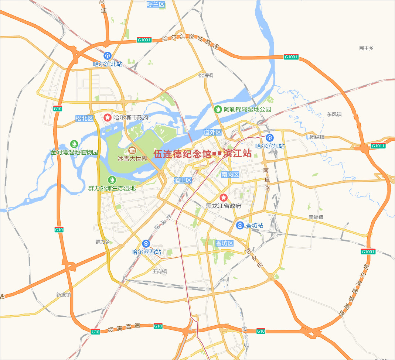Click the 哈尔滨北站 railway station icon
tap(108, 56)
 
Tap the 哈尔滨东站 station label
tap(270, 146)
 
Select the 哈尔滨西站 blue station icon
tap(146, 244)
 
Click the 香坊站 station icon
tap(240, 225)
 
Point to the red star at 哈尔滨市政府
tap(107, 117)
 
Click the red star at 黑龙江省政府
tap(223, 198)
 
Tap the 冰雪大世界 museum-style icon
tap(132, 151)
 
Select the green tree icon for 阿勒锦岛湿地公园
tap(218, 109)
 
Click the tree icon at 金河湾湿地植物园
tap(74, 144)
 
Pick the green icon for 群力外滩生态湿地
tap(112, 180)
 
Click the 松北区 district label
tap(84, 118)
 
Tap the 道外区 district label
tap(212, 132)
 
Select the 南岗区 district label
tap(230, 174)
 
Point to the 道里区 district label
tap(183, 180)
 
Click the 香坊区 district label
tap(225, 243)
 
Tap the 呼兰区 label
tap(155, 4)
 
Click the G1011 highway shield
tap(378, 146)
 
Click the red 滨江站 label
tap(237, 154)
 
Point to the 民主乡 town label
tap(367, 48)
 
